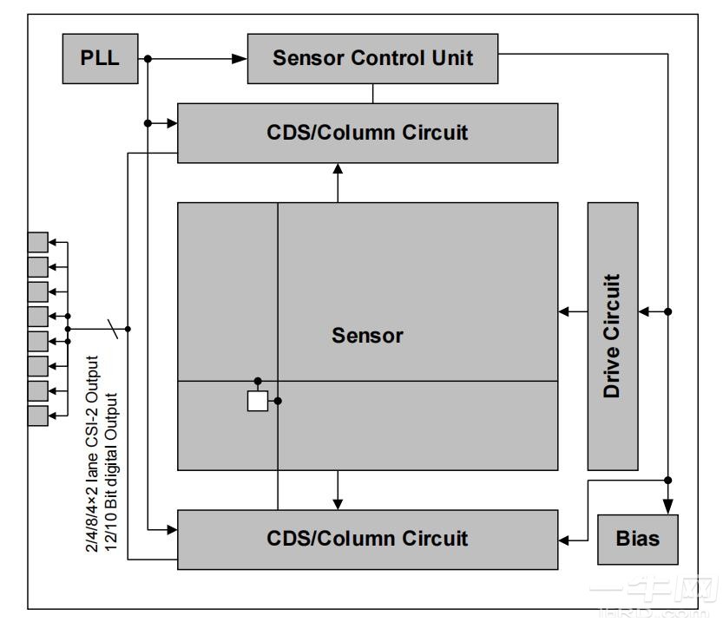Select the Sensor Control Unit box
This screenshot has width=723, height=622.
point(372,58)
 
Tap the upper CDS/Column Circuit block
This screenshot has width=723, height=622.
point(367,133)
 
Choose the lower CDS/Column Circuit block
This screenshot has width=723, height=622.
point(367,539)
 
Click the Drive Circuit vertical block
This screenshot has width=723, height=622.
point(613,336)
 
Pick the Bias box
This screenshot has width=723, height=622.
point(637,539)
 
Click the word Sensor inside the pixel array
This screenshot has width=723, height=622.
point(367,335)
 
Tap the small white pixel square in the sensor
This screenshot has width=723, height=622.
point(258,401)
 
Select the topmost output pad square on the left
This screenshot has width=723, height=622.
point(37,242)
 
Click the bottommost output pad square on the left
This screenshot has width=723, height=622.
point(37,415)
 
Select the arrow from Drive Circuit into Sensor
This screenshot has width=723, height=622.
point(572,311)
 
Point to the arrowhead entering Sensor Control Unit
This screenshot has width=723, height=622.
point(240,59)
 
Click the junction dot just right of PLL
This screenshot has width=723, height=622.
point(148,59)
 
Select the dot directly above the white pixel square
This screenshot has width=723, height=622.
point(258,381)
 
